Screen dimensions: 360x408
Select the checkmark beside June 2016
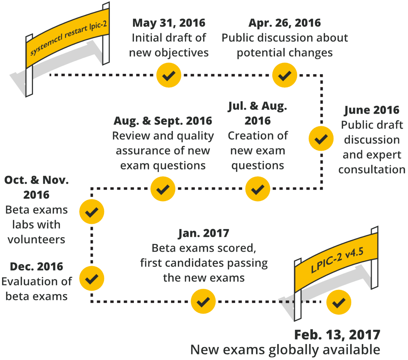click(321, 138)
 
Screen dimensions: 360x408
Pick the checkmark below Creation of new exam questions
click(258, 189)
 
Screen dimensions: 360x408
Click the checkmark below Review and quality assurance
click(163, 189)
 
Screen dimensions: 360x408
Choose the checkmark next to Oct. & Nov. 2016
click(91, 212)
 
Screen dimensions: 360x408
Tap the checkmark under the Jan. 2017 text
click(203, 301)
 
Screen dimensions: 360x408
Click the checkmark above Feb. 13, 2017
click(339, 302)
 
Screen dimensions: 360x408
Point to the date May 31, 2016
click(169, 23)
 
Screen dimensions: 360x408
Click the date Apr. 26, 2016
click(285, 23)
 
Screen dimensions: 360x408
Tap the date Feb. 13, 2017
click(337, 335)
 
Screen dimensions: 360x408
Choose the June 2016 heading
click(372, 110)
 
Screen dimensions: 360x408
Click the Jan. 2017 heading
click(203, 233)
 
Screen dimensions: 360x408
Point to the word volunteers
click(36, 239)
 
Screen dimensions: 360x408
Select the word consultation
click(372, 169)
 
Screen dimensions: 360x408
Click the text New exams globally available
click(285, 350)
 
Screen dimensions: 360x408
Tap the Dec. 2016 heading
click(36, 266)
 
